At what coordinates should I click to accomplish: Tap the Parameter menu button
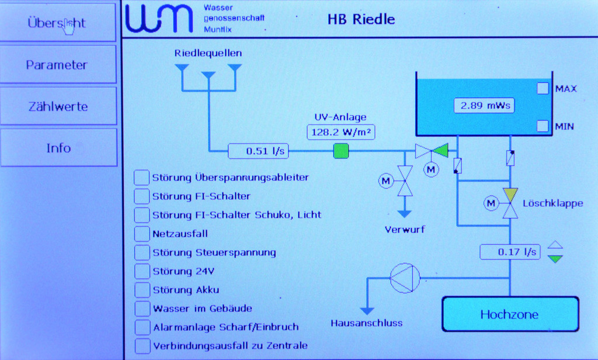(57, 65)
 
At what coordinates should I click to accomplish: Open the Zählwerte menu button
(58, 106)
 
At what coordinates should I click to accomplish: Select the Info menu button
(58, 148)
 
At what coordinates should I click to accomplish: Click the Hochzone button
(509, 314)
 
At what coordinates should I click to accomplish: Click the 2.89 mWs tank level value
(484, 106)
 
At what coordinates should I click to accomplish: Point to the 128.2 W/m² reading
(341, 132)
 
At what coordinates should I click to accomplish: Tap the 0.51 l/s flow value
(258, 151)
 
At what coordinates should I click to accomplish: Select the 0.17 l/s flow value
(510, 252)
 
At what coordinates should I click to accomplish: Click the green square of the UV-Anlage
(341, 151)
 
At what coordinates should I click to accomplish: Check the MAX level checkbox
(543, 88)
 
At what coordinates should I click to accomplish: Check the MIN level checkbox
(543, 126)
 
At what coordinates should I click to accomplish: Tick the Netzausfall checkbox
(142, 234)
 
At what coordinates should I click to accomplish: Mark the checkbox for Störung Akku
(142, 290)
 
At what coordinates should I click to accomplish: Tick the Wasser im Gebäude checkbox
(142, 308)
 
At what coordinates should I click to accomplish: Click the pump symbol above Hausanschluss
(405, 278)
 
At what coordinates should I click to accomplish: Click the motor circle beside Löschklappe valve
(491, 203)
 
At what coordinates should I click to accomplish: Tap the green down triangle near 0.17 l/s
(556, 259)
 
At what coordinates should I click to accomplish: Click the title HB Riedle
(361, 19)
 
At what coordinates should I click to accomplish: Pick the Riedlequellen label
(208, 53)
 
